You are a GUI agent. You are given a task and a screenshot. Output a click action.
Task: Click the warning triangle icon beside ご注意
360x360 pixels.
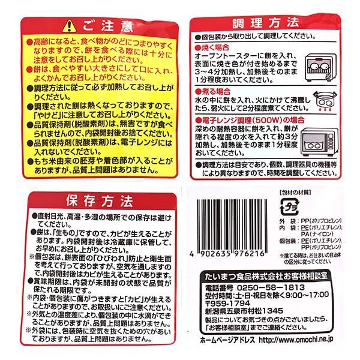point(70,26)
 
